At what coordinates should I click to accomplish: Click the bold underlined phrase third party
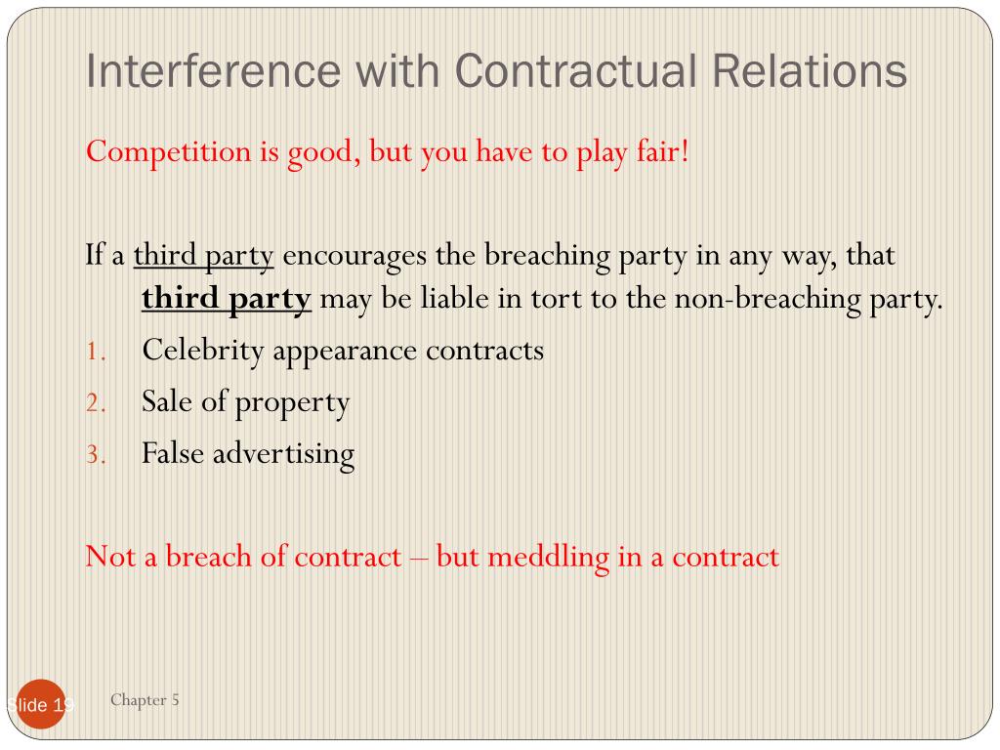pyautogui.click(x=227, y=298)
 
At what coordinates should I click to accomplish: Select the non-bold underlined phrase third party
pyautogui.click(x=204, y=257)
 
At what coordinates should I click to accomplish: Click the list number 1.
pyautogui.click(x=92, y=352)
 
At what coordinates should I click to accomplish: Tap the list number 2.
pyautogui.click(x=93, y=403)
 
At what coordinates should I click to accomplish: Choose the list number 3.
pyautogui.click(x=93, y=455)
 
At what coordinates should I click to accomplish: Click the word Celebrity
pyautogui.click(x=203, y=350)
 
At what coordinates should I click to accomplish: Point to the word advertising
pyautogui.click(x=288, y=454)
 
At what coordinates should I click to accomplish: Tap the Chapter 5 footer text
pyautogui.click(x=145, y=699)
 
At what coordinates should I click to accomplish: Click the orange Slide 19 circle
pyautogui.click(x=39, y=704)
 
